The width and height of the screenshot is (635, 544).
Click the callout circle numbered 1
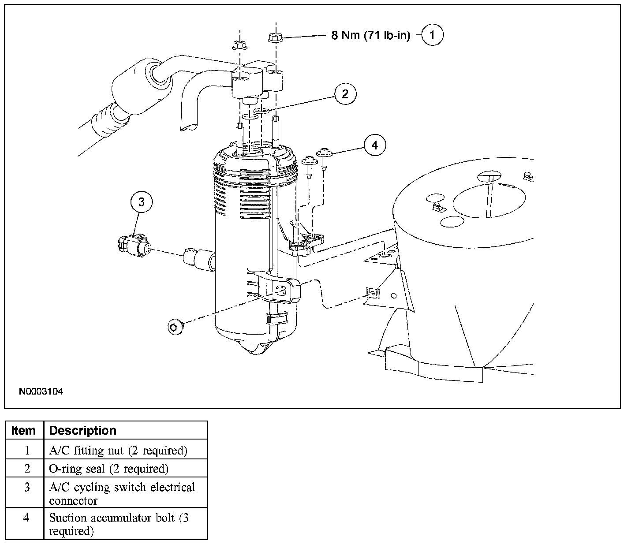coord(432,35)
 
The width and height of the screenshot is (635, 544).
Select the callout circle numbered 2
coord(345,93)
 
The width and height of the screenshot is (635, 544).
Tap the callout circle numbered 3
coord(141,202)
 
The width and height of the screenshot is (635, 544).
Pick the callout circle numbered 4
coord(375,145)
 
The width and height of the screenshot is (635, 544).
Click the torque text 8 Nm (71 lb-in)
coord(370,36)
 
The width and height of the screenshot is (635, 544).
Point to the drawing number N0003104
coord(41,391)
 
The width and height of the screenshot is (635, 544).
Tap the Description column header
coord(82,430)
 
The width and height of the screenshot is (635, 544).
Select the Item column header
coord(24,430)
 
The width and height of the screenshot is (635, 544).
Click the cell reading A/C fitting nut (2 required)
coord(118,451)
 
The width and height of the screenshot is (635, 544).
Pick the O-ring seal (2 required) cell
coord(108,469)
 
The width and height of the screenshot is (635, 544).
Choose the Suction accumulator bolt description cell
coord(119,524)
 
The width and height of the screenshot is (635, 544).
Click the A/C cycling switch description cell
coord(122,493)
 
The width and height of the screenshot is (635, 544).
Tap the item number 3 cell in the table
coord(26,487)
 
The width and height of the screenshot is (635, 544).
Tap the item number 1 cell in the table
coord(26,451)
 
